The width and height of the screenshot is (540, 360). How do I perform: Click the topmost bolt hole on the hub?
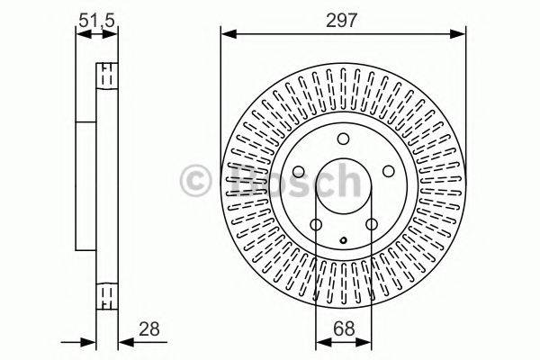(343, 138)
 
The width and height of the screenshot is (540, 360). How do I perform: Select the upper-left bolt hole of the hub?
(299, 170)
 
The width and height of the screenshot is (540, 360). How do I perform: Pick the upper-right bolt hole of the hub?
(387, 170)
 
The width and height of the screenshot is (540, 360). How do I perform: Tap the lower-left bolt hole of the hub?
(315, 224)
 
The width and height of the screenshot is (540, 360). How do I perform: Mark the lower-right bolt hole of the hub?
(371, 224)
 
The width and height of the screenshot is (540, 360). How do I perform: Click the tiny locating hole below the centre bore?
(343, 239)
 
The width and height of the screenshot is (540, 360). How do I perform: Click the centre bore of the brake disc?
(343, 185)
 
